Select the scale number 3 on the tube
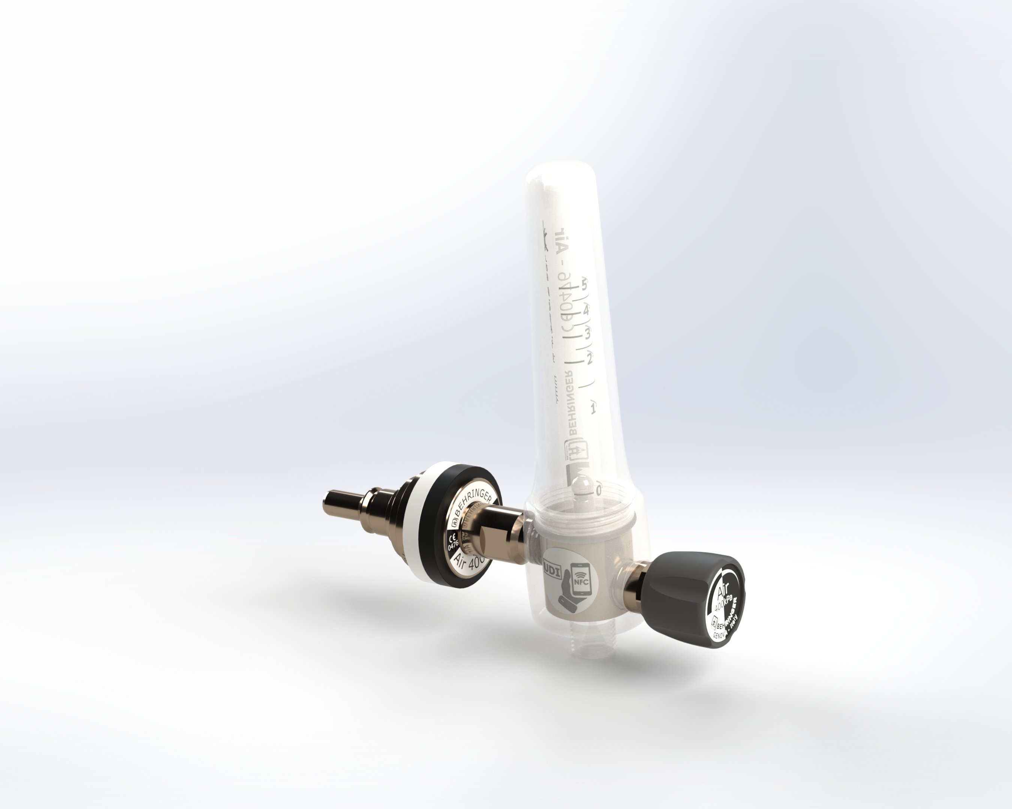(x=587, y=334)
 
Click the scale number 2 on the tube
(x=589, y=359)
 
